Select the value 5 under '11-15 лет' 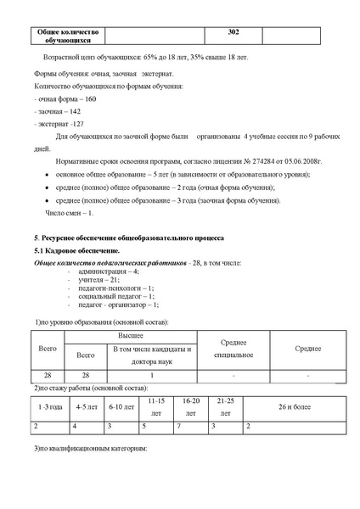pyautogui.click(x=144, y=426)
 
